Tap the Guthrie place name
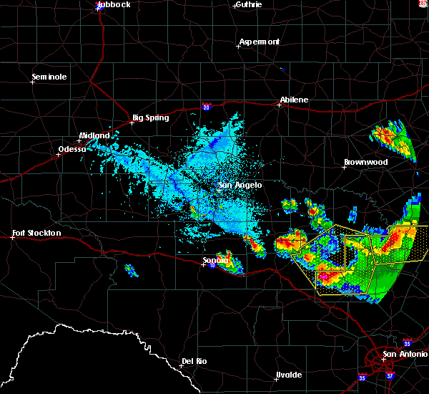point(248,4)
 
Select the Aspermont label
point(260,42)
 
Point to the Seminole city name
point(49,77)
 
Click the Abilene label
point(294,100)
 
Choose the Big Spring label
point(151,117)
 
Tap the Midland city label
point(94,135)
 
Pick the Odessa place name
point(74,150)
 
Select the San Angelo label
point(240,185)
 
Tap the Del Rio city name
point(194,361)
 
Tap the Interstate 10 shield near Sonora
point(213,265)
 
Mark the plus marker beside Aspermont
point(238,47)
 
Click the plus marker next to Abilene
point(279,105)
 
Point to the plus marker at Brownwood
point(344,167)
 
